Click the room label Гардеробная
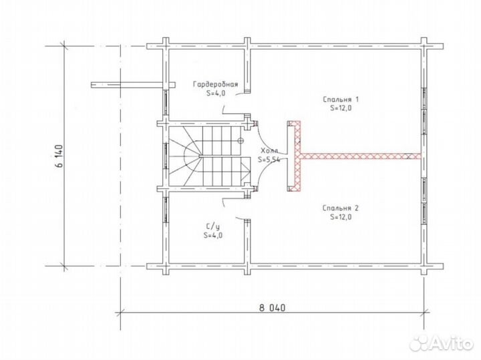(x=215, y=84)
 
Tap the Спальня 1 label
(x=341, y=100)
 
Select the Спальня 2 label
(x=341, y=208)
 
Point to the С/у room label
(x=212, y=227)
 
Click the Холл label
(x=269, y=150)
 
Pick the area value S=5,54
(x=269, y=160)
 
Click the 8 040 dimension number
(x=272, y=307)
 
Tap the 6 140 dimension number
(x=59, y=156)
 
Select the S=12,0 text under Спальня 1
(x=341, y=108)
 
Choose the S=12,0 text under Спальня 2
(x=341, y=217)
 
